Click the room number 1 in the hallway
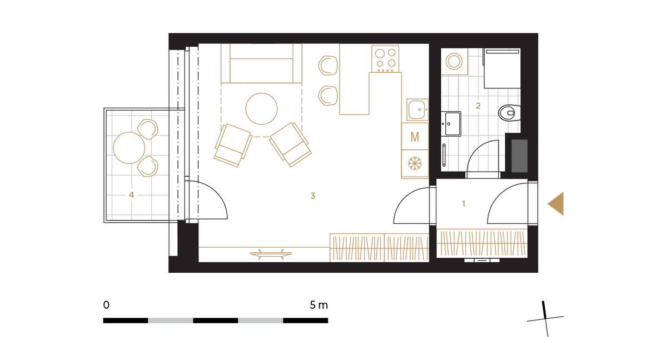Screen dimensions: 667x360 pos(464,204)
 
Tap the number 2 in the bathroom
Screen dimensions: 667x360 pos(478,106)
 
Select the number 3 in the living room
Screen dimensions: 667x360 pos(312,196)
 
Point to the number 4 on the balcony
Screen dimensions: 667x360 pos(131,195)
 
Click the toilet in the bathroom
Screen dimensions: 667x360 pos(510,113)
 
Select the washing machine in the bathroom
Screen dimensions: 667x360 pos(454,62)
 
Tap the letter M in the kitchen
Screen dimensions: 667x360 pos(415,137)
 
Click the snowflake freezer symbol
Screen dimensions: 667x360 pos(415,164)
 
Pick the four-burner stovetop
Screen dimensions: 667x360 pos(385,59)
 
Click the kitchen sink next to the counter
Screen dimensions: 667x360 pos(417,109)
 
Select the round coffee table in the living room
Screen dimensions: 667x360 pos(261,109)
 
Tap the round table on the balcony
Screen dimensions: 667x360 pos(129,148)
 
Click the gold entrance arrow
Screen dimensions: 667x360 pos(556,204)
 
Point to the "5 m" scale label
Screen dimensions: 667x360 pos(318,305)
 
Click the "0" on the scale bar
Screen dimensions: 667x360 pos(106,305)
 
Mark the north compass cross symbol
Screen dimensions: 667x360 pos(545,319)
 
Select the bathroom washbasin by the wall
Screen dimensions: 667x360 pos(451,123)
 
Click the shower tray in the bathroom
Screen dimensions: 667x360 pos(502,68)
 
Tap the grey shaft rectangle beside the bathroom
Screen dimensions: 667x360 pos(519,156)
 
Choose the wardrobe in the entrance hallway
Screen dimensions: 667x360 pos(482,243)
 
